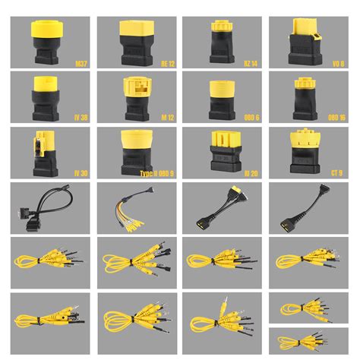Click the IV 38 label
[x=79, y=118]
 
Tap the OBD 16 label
[x=335, y=118]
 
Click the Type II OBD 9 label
[x=157, y=173]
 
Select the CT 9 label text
[x=336, y=173]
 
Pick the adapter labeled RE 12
[x=135, y=42]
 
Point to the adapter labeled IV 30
[x=43, y=152]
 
